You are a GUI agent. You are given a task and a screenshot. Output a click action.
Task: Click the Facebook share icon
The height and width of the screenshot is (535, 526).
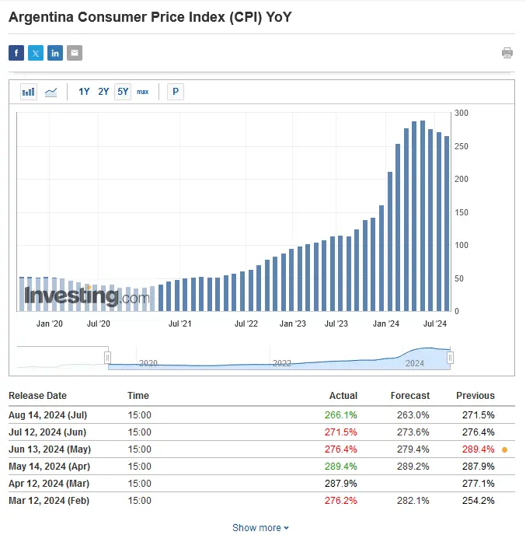[x=16, y=53]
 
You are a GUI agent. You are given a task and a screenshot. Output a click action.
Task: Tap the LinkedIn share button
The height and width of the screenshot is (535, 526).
[x=55, y=53]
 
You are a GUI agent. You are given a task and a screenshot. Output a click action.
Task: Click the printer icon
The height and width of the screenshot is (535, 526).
[x=507, y=53]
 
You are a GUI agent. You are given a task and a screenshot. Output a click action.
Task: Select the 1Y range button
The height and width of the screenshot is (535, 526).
[x=84, y=92]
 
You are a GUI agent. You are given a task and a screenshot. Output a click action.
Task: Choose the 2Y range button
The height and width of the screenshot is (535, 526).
[x=103, y=92]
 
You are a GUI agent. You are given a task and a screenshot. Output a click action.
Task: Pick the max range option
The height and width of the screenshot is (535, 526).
[x=143, y=92]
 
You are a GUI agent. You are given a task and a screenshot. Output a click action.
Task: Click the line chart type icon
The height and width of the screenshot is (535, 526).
[x=51, y=92]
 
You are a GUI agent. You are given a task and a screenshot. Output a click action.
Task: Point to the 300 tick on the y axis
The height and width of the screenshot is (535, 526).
[x=462, y=113]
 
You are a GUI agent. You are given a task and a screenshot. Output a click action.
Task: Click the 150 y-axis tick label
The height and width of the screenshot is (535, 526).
[x=462, y=212]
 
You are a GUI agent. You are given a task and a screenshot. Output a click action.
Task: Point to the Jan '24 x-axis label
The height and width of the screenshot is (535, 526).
[x=386, y=323]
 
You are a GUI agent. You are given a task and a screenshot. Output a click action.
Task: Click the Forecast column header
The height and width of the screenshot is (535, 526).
[x=409, y=396]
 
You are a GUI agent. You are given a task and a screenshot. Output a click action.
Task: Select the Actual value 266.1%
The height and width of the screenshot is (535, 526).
[x=341, y=415]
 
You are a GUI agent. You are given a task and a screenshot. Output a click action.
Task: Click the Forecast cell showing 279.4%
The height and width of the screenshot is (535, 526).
[x=413, y=449]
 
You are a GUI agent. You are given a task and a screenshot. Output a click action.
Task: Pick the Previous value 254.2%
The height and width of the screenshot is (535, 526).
[x=478, y=501]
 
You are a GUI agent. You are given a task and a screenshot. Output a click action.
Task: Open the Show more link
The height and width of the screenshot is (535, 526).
[x=260, y=528]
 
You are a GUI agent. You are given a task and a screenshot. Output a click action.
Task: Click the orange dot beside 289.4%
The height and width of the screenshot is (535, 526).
[x=505, y=449]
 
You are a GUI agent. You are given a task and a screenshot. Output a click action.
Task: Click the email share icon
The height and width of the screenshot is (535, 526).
[x=75, y=53]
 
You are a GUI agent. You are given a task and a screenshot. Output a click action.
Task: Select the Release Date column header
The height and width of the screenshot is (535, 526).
[x=37, y=396]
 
